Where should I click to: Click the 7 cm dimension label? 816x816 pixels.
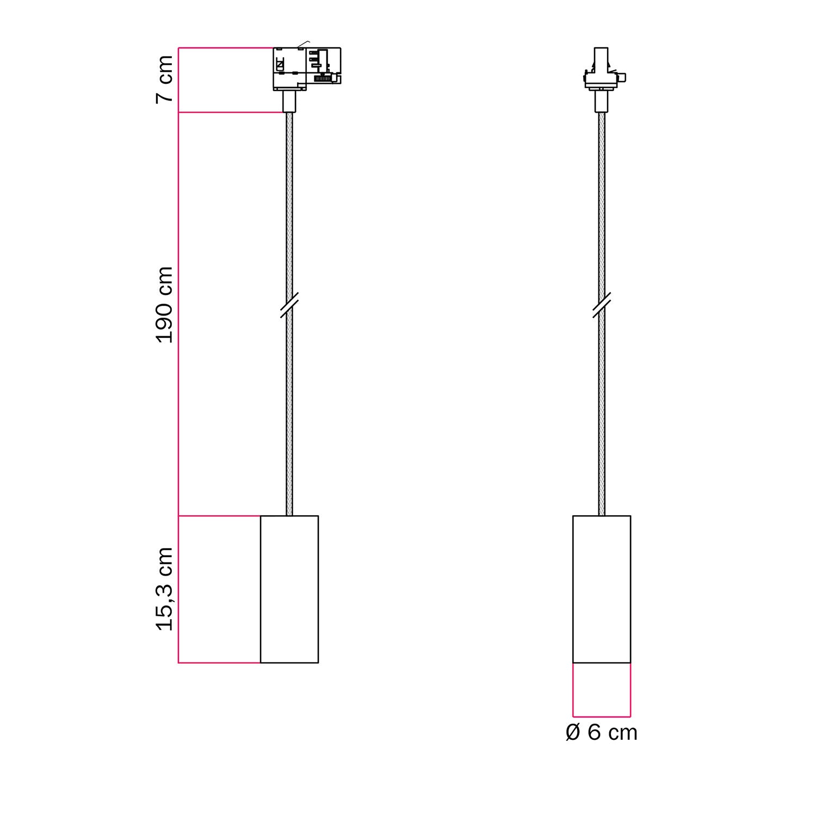coord(164,79)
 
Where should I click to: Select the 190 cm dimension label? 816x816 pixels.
coord(164,305)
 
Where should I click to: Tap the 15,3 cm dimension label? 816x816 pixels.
coord(164,589)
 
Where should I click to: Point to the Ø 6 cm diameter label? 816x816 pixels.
coord(601,733)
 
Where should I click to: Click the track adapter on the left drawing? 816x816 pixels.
coord(306,68)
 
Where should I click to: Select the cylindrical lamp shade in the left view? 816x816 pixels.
coord(289,589)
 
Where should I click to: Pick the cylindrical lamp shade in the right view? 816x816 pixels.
coord(602,589)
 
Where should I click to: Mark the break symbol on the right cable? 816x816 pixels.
coord(601,305)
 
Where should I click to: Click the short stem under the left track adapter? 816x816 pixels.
coord(289,102)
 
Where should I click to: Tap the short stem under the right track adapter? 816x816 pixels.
coord(601,102)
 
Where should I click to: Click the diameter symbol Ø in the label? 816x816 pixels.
coord(573,733)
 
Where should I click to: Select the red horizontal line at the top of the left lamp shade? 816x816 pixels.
coord(219,516)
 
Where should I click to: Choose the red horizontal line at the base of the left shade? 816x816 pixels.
coord(219,663)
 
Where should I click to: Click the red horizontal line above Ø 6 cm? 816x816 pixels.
coord(602,716)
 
